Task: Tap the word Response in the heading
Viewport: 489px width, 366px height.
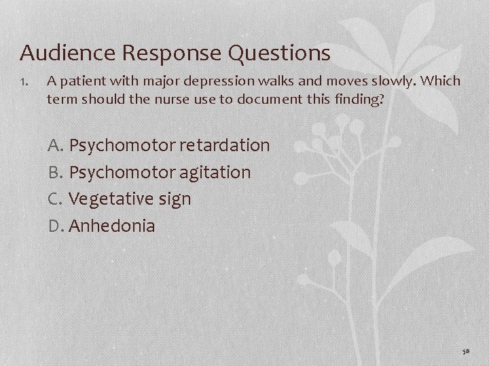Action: tap(157, 52)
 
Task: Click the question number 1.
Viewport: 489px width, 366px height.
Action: tap(24, 82)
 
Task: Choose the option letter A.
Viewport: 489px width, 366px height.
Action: tap(55, 145)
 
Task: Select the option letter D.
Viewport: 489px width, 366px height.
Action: tap(55, 226)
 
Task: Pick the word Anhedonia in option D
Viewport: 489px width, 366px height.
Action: tap(113, 226)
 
